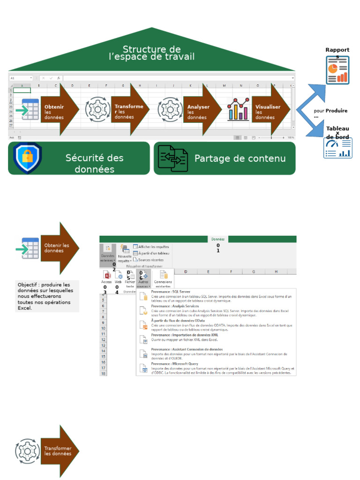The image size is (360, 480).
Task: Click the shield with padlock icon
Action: click(27, 158)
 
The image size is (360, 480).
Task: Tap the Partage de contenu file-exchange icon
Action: click(172, 158)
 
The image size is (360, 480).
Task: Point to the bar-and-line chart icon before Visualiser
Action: click(238, 109)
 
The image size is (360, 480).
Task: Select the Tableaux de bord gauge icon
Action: click(337, 148)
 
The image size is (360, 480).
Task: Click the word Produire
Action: click(337, 111)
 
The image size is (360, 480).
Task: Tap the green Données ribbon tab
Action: click(218, 239)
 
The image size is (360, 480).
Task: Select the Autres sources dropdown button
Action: click(143, 278)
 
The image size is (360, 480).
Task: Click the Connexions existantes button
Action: click(163, 278)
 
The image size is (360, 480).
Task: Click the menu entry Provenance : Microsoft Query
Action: click(174, 364)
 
